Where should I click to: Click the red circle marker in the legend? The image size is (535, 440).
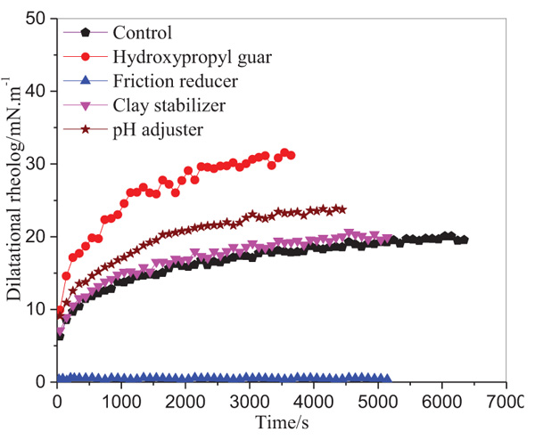pyautogui.click(x=86, y=56)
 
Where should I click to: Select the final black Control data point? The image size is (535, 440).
pyautogui.click(x=463, y=240)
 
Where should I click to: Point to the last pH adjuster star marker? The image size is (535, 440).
pyautogui.click(x=342, y=209)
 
